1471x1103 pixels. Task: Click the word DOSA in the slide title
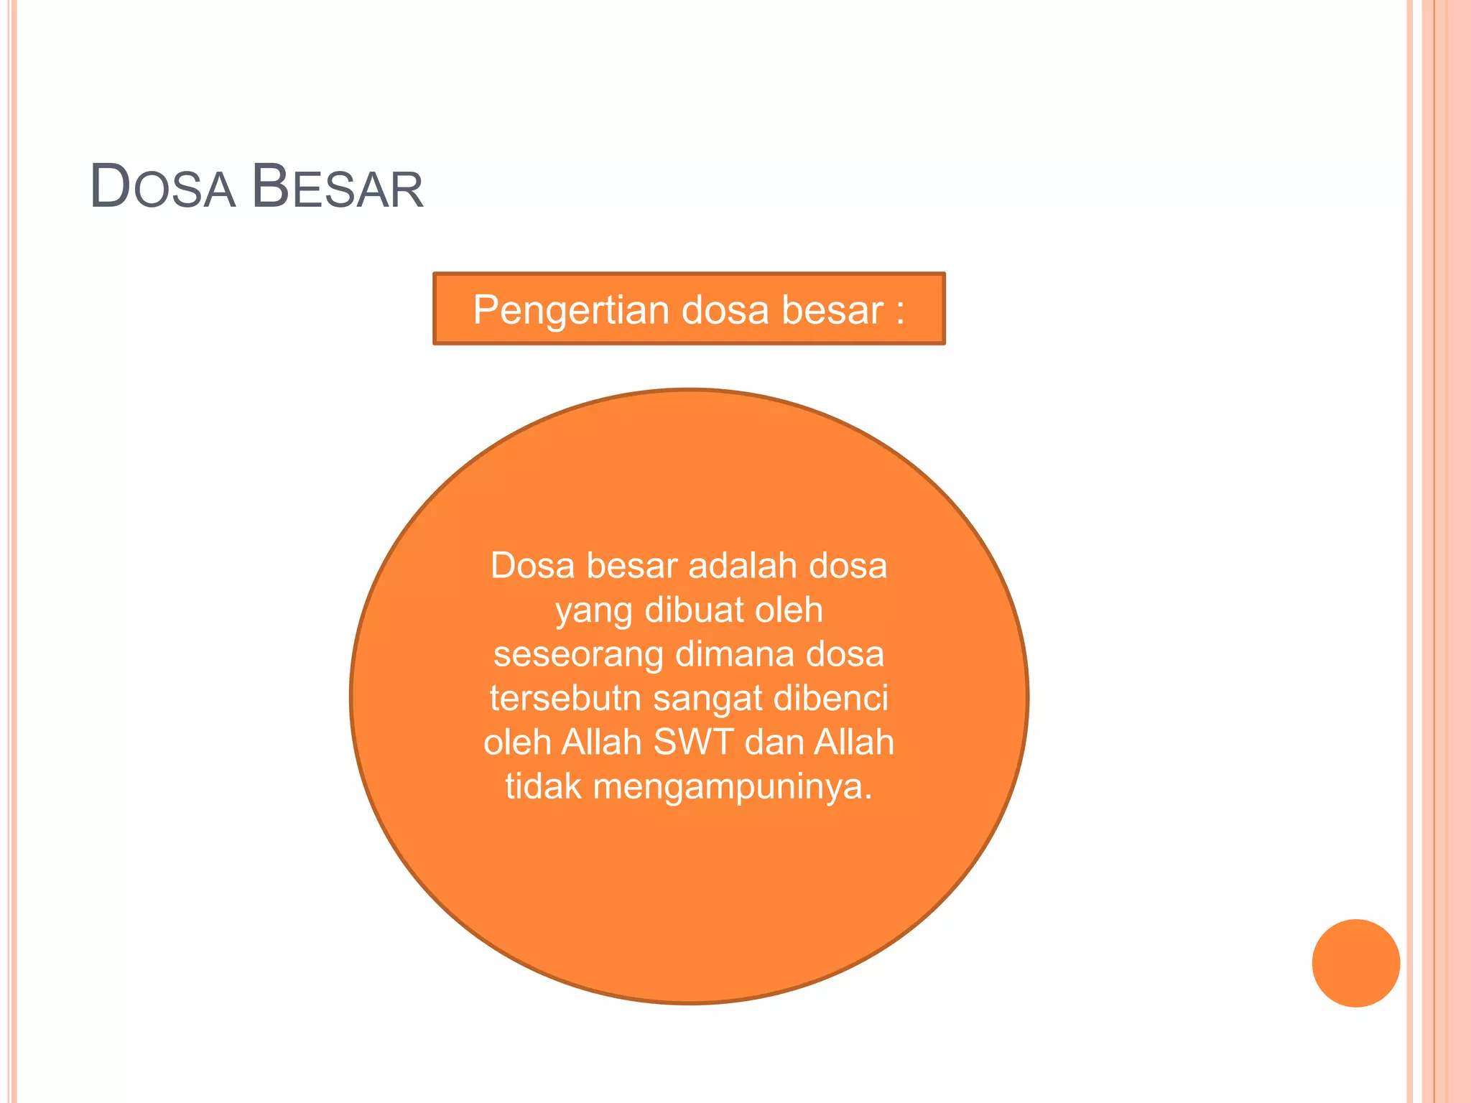(x=163, y=187)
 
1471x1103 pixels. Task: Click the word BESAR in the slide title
(x=338, y=187)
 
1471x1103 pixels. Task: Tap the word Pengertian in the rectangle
(x=570, y=310)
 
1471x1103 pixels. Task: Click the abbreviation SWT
(x=694, y=742)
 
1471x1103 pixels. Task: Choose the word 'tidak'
(x=543, y=786)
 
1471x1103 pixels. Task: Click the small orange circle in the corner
(x=1355, y=963)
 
